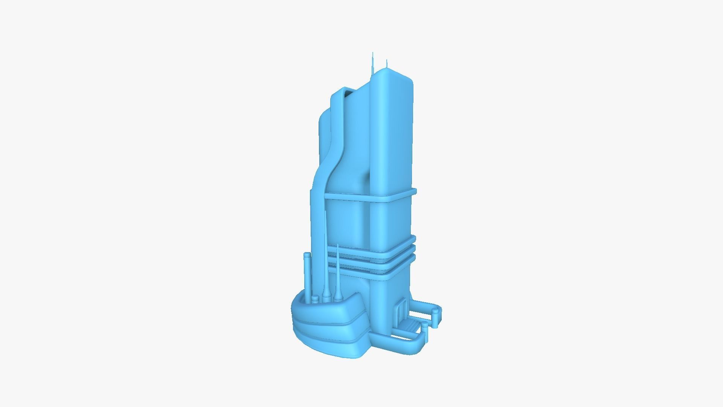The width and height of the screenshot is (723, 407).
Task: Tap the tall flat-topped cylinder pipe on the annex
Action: click(307, 275)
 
